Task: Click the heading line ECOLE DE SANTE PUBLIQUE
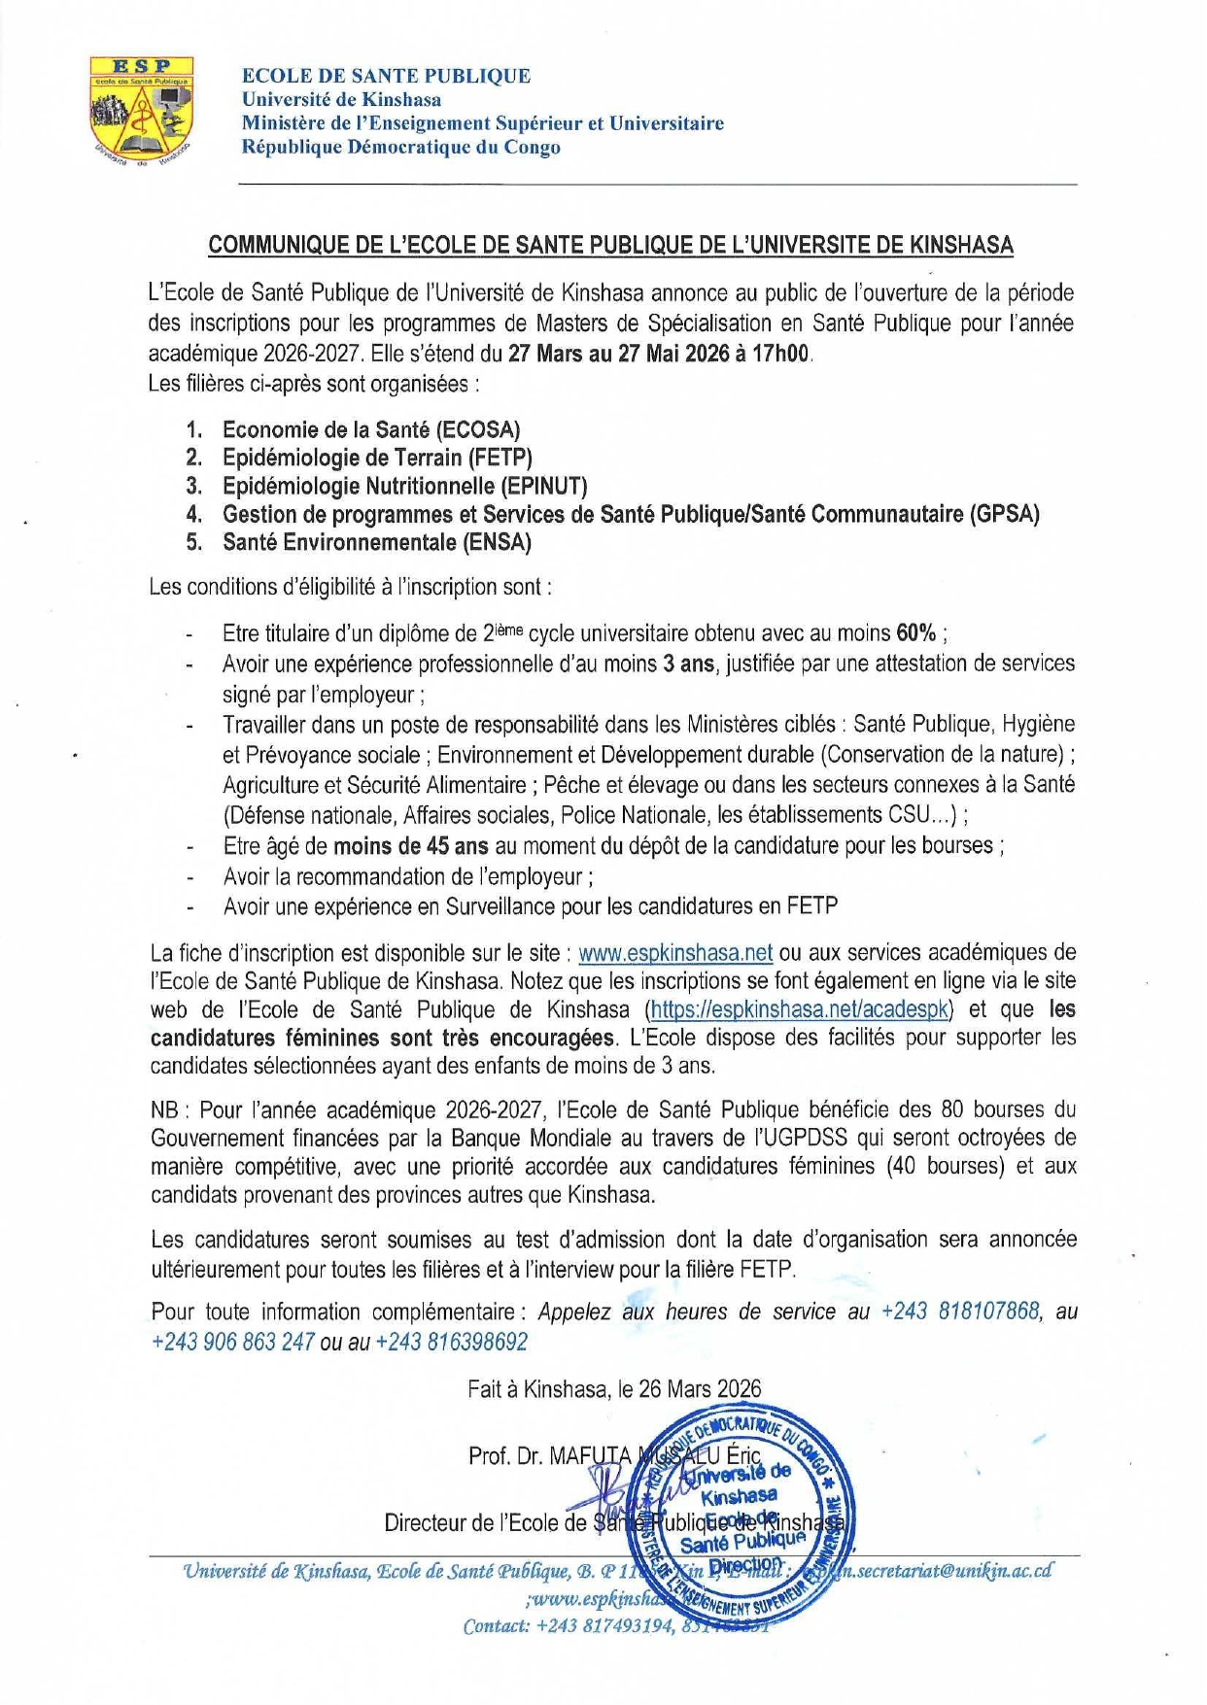(x=386, y=76)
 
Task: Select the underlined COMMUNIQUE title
(x=610, y=245)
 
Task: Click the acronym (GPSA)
(x=1004, y=514)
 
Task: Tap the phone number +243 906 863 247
(x=232, y=1342)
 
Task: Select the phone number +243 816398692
(x=451, y=1342)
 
